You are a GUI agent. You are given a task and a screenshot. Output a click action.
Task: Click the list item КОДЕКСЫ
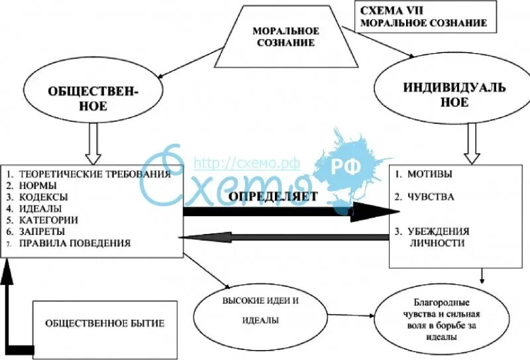pos(44,197)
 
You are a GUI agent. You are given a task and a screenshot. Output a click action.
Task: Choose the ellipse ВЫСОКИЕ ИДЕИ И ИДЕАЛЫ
pos(260,310)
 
